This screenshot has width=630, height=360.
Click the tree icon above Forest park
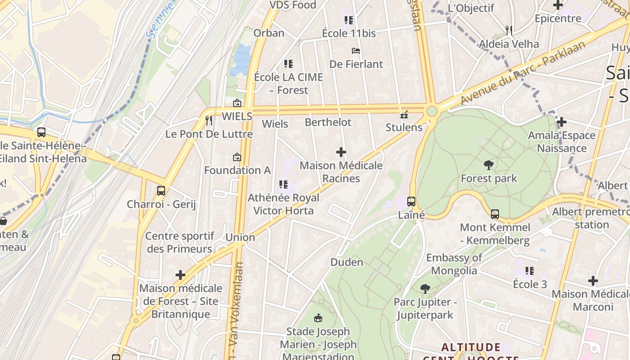[488, 165]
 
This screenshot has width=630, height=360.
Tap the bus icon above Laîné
[411, 202]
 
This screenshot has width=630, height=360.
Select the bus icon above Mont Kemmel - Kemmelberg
[495, 214]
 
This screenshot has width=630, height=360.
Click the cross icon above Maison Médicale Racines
[341, 152]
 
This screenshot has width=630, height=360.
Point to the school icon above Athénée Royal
[283, 184]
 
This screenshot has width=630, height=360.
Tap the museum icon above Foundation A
[237, 157]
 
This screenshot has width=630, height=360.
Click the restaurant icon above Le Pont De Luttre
[208, 120]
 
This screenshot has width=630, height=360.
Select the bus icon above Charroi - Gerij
[161, 191]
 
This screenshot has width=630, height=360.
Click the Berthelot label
[328, 122]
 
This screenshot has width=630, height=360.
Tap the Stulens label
[404, 127]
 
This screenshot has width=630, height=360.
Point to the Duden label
[346, 262]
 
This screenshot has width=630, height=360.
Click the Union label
[240, 237]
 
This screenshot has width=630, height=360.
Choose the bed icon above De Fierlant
[356, 51]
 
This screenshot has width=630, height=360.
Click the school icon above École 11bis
[349, 20]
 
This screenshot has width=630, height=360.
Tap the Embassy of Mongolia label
[454, 264]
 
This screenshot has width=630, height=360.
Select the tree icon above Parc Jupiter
[425, 288]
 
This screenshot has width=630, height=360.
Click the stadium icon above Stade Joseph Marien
[318, 318]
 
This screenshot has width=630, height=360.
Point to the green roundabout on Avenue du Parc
[432, 111]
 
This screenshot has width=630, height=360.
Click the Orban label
[269, 33]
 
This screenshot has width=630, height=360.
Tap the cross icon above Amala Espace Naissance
[561, 122]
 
